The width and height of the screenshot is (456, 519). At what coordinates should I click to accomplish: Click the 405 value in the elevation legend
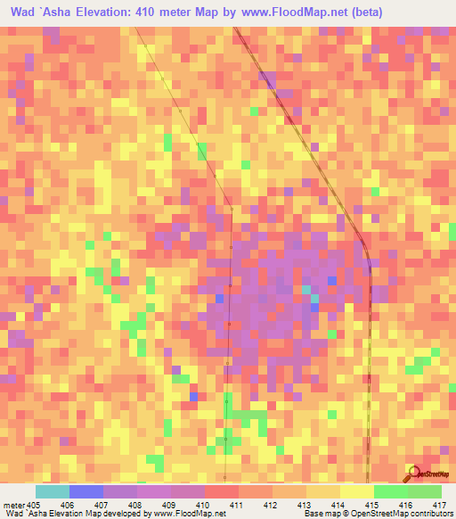pos(34,505)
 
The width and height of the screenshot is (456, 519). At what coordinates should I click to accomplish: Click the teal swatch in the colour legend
pos(53,491)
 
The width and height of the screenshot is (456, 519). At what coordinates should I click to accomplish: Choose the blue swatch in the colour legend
pos(86,491)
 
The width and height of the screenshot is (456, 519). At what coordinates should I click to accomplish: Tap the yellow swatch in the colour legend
pos(356,491)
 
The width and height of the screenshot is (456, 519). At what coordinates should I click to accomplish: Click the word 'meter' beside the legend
pos(12,505)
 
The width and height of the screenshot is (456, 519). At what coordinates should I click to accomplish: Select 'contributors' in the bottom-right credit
pos(430,515)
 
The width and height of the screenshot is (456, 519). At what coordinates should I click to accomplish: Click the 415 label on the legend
pos(373,505)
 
